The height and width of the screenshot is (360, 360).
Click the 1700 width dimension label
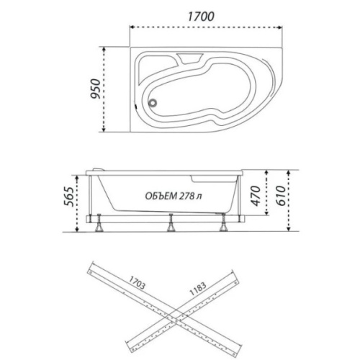pos(201,17)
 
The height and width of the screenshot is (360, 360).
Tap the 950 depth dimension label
pos(95,89)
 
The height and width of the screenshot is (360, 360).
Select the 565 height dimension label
pos(68,197)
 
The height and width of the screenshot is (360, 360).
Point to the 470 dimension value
pos(256,196)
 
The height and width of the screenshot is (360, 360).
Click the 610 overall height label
pos(281,196)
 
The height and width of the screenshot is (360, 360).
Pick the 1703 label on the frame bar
pos(137,282)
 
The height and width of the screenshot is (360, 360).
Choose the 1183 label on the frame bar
pos(198,289)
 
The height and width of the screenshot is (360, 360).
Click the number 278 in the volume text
pos(186,196)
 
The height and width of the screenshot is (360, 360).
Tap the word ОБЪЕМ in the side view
pos(161,196)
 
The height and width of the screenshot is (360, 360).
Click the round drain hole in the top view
pos(153,103)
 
